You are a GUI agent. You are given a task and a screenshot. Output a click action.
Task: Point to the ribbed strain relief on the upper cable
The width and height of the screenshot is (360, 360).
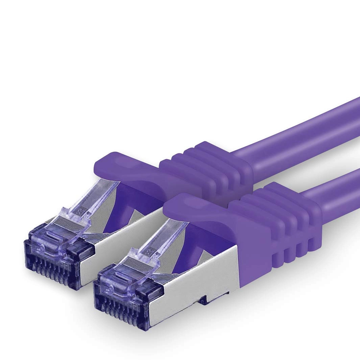click(x=210, y=166)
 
